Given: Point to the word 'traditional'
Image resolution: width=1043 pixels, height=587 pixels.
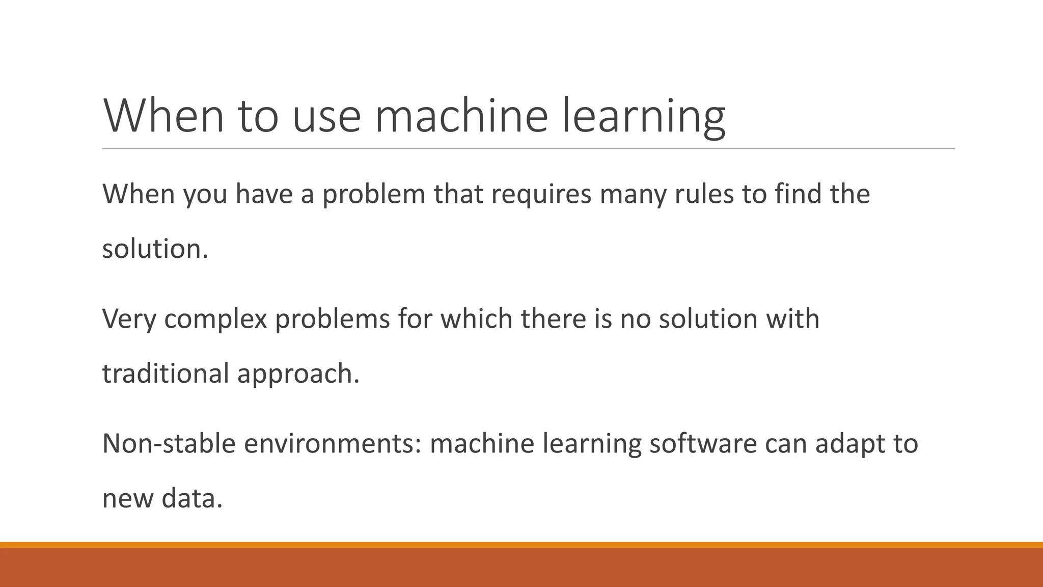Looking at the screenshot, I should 166,373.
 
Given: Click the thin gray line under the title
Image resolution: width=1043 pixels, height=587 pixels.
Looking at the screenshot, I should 528,149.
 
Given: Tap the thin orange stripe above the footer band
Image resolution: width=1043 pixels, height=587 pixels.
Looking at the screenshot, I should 521,545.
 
